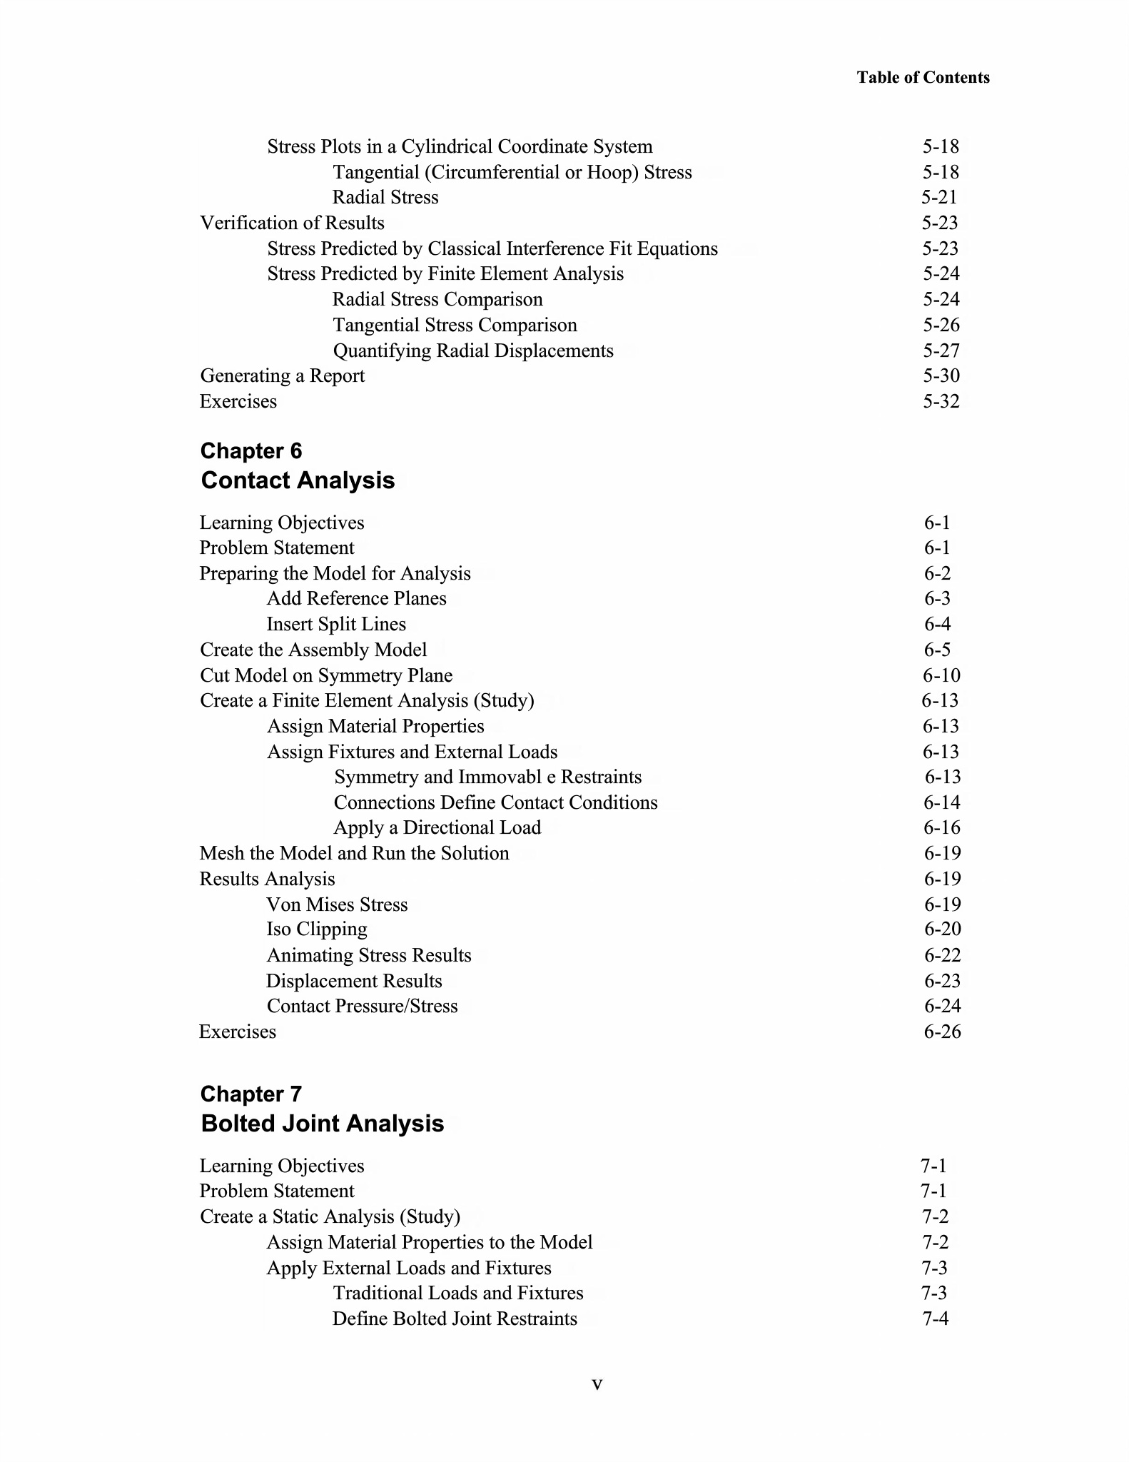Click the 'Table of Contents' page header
click(923, 77)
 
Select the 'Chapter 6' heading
click(250, 451)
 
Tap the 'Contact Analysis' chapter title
click(298, 480)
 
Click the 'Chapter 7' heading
click(250, 1094)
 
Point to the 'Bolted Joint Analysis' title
click(322, 1124)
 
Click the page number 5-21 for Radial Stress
click(939, 197)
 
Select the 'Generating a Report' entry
click(282, 375)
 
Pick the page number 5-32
click(941, 401)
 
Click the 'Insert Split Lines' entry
click(336, 624)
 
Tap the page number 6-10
click(941, 675)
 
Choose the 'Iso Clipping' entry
click(317, 929)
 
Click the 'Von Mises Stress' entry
click(337, 904)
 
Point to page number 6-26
click(942, 1032)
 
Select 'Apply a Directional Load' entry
click(437, 827)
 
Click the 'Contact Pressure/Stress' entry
click(362, 1006)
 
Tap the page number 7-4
click(935, 1319)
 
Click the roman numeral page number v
click(597, 1385)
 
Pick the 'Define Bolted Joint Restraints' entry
click(455, 1319)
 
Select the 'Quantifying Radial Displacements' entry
click(473, 351)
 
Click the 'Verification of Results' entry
click(292, 223)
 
